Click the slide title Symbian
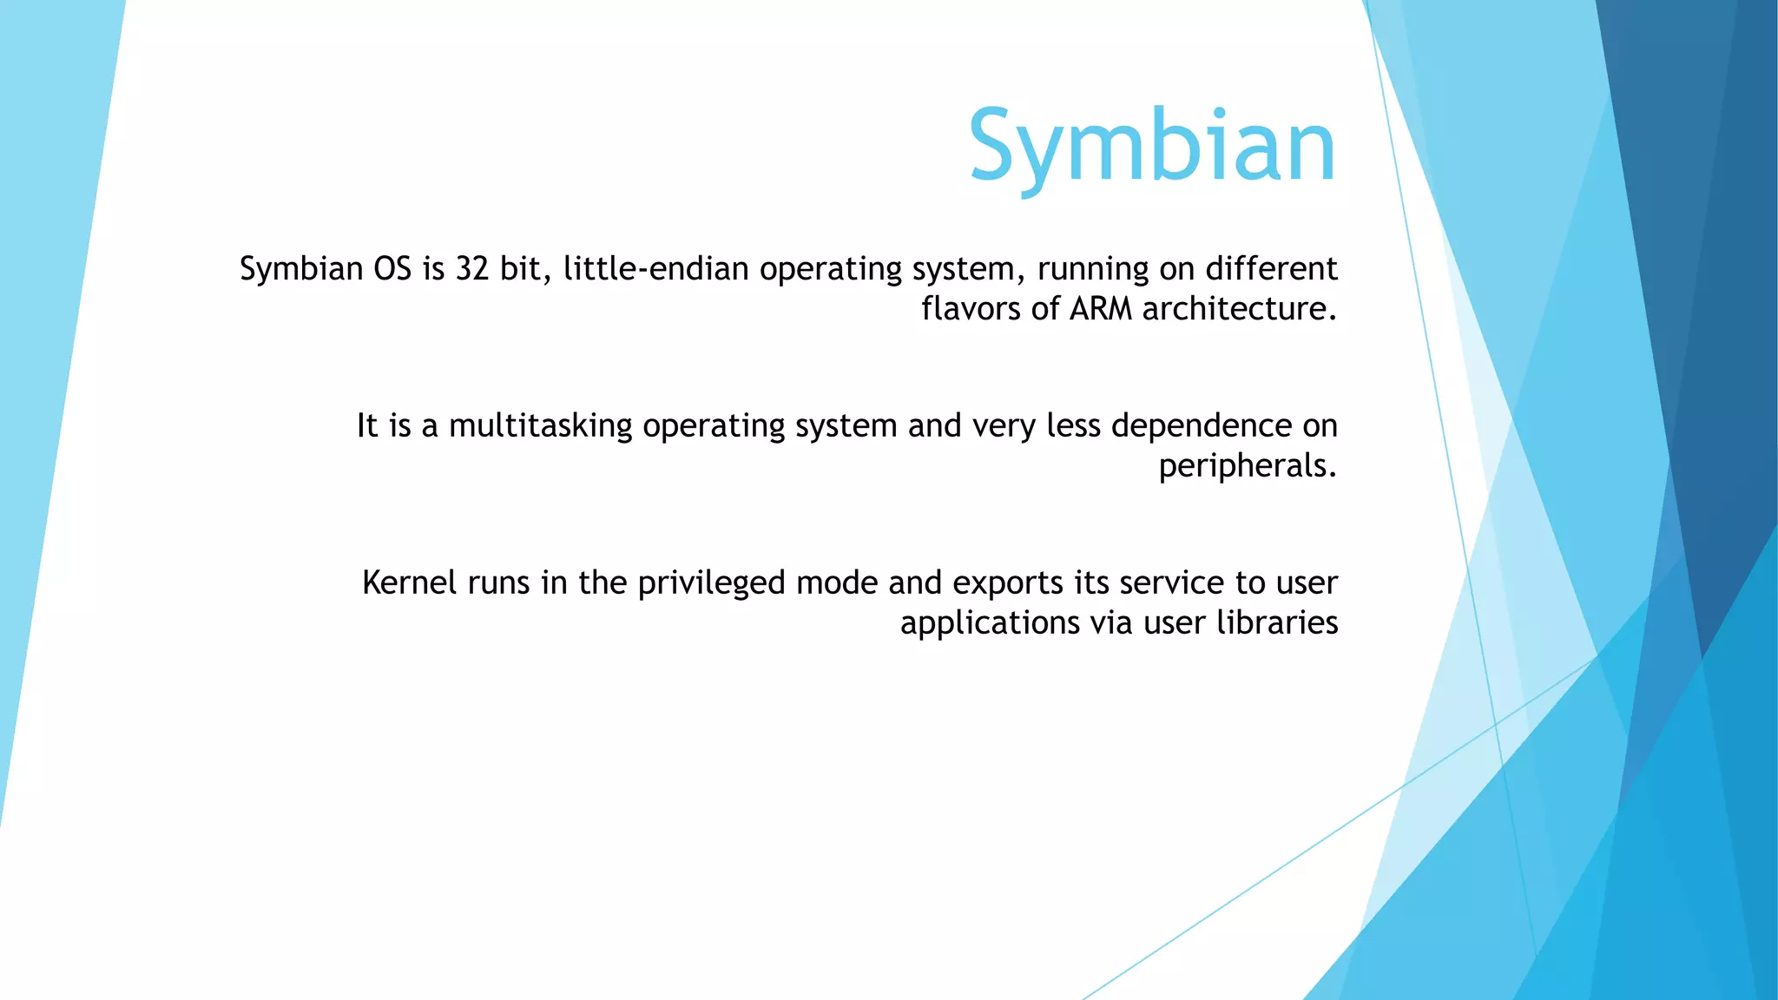coord(1151,148)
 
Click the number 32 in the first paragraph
coord(472,269)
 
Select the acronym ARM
coord(1100,309)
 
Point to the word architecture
coord(1239,309)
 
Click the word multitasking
coord(540,426)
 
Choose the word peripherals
coord(1248,467)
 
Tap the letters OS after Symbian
coord(392,269)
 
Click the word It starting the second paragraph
coord(367,426)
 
